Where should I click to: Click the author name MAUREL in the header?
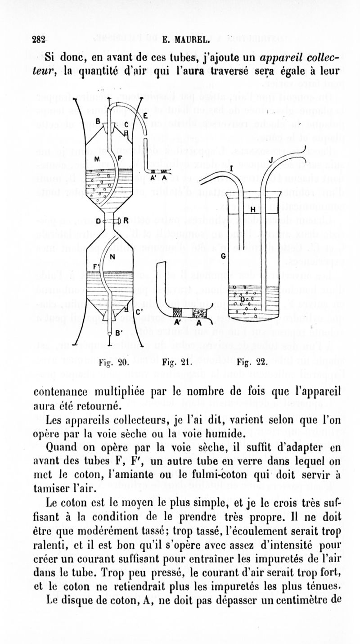coord(180,39)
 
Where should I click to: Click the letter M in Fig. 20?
coord(97,159)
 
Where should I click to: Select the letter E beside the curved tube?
coord(145,115)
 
